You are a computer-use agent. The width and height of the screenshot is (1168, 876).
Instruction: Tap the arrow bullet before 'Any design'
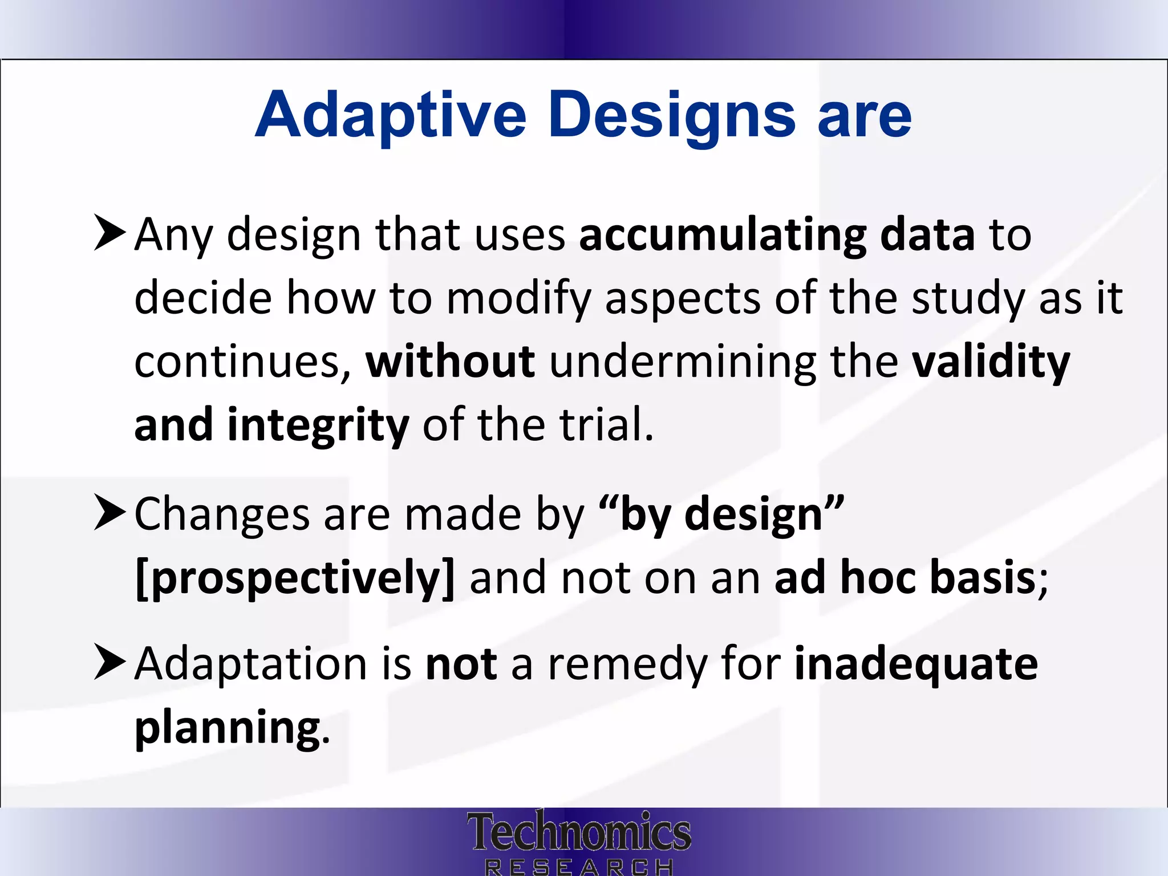coord(109,233)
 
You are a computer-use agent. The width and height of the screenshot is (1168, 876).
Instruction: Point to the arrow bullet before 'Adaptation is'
coord(109,662)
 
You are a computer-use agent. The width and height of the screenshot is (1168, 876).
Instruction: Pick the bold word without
coord(450,362)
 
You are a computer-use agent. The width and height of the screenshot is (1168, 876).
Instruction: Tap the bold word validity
coord(991,362)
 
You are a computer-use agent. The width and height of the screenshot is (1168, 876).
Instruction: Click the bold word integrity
coord(318,425)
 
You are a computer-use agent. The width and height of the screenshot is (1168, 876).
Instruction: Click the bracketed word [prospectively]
coord(295,578)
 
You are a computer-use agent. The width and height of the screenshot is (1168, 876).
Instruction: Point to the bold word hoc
coord(878,577)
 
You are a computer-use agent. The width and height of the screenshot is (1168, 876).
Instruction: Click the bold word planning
coord(227,728)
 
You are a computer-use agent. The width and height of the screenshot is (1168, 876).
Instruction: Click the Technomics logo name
coord(578,831)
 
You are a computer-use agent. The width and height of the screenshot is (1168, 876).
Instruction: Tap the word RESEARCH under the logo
coord(578,867)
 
